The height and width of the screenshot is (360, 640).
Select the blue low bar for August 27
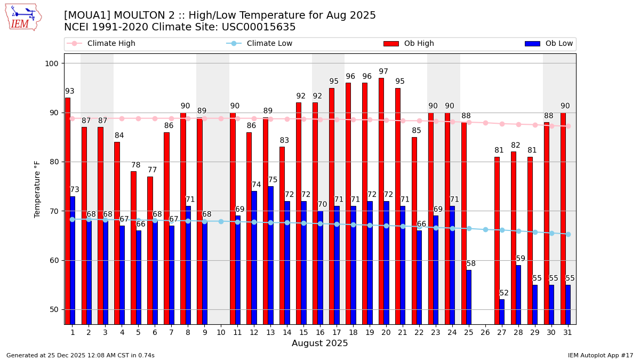click(x=502, y=311)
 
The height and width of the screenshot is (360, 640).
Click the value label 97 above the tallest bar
click(x=383, y=71)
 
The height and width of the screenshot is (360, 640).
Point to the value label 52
click(x=504, y=293)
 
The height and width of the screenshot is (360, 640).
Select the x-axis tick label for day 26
click(x=485, y=332)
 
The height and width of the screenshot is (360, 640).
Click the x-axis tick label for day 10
click(x=221, y=332)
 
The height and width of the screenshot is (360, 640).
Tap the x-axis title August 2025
click(x=319, y=343)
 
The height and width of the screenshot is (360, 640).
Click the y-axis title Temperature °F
click(x=37, y=189)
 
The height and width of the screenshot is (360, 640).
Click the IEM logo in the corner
click(x=23, y=17)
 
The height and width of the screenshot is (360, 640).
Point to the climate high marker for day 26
click(x=485, y=123)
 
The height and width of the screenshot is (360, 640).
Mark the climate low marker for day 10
click(x=221, y=221)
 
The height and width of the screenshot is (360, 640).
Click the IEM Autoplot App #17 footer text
click(x=601, y=355)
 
